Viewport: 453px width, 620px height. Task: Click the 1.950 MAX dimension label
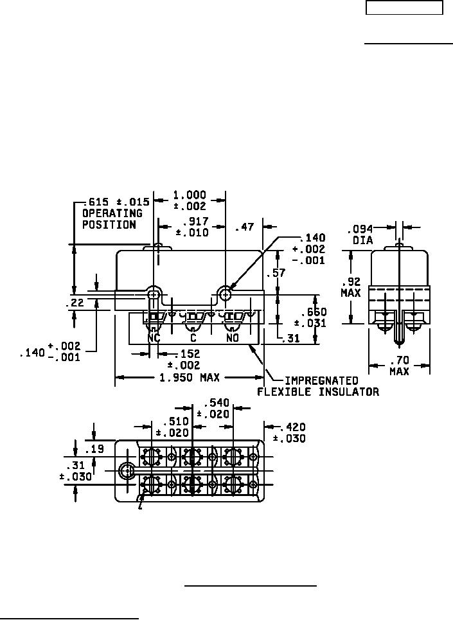point(189,378)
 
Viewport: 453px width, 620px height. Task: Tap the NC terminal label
point(154,338)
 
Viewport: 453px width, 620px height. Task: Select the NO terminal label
point(233,338)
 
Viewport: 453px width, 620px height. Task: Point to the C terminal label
point(193,338)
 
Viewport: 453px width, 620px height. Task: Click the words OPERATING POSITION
point(112,219)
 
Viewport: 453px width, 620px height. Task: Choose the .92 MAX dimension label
point(351,287)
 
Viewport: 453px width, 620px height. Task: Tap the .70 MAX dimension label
point(399,366)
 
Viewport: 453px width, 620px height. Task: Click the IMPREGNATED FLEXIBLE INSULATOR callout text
point(318,386)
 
